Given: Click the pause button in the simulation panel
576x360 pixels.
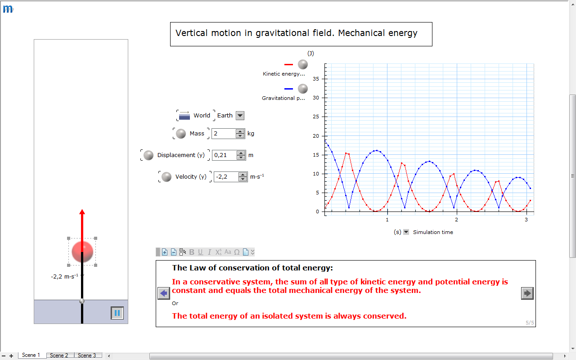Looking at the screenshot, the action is [x=117, y=313].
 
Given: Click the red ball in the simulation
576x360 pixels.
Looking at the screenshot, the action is [x=82, y=252].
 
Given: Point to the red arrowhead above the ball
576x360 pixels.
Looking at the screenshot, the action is [x=82, y=212].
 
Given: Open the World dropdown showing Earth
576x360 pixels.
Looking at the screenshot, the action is [x=240, y=116].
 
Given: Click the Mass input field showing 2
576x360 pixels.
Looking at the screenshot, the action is [x=224, y=134].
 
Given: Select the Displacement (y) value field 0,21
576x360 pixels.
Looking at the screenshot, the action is [x=224, y=155].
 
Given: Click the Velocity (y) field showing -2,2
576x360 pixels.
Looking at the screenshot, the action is [x=226, y=177].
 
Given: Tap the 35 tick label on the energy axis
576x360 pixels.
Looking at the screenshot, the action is [x=316, y=79].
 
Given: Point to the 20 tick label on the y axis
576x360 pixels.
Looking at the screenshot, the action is [x=316, y=136].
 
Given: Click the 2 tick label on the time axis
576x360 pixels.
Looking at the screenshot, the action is [x=456, y=220].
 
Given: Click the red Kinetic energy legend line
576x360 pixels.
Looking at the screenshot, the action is [x=288, y=64].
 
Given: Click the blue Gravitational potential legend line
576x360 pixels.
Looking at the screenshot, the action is [x=288, y=89].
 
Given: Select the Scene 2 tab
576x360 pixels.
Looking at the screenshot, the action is [x=59, y=355].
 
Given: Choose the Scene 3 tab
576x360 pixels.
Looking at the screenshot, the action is [x=87, y=355].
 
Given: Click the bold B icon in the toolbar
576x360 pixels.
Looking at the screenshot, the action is [x=192, y=252].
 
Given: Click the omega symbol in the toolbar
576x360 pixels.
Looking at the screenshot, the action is [x=237, y=252].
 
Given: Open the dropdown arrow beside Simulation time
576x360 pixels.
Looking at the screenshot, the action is [x=406, y=232].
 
